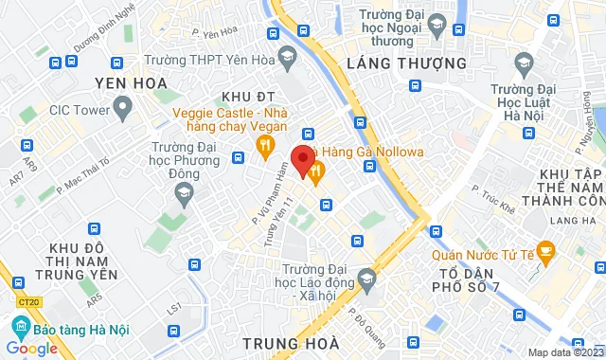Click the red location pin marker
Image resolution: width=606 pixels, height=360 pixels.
click(x=302, y=160)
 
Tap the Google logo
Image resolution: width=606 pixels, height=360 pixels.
click(x=31, y=348)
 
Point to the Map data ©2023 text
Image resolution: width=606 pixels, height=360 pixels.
click(x=565, y=352)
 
